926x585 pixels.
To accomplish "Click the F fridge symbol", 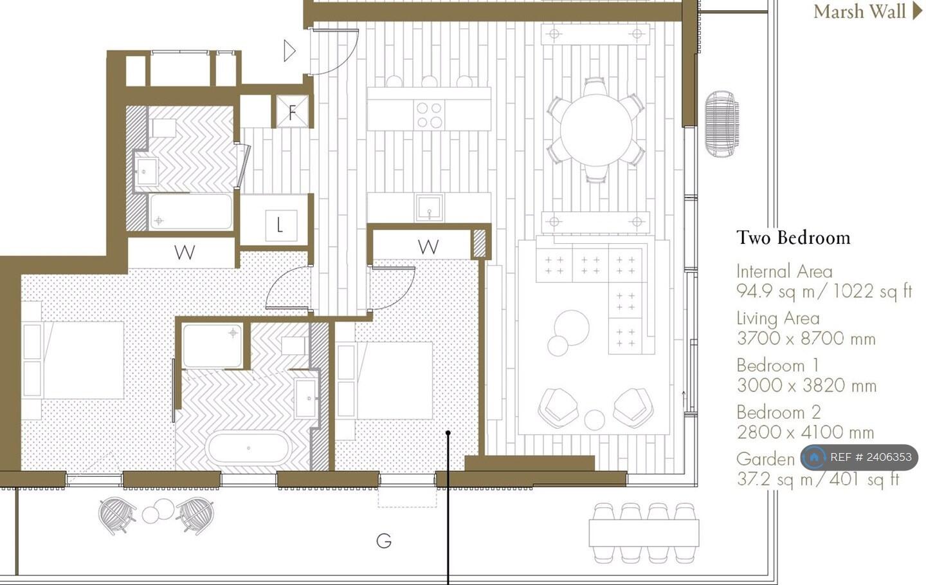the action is click(x=292, y=112).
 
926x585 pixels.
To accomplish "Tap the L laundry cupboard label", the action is click(x=280, y=225).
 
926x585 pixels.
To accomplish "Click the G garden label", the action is click(x=384, y=541).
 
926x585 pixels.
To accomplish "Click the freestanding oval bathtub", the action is click(x=248, y=447).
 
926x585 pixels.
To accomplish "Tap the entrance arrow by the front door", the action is click(x=289, y=51).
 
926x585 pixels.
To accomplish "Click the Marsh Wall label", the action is click(x=859, y=12).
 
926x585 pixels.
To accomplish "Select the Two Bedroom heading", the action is click(x=793, y=237).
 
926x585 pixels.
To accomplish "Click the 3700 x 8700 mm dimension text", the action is click(x=806, y=339).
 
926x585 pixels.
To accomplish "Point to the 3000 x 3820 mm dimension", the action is click(x=806, y=385).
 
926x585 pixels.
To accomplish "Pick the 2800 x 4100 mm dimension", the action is click(x=805, y=432).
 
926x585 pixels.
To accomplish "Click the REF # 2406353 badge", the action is click(x=860, y=458).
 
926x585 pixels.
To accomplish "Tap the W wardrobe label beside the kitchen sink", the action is click(x=428, y=246).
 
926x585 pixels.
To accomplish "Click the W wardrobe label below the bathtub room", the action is click(x=185, y=252).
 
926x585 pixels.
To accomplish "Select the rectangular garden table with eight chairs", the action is click(x=644, y=533).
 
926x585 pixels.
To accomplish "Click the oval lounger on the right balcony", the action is click(x=721, y=124).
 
